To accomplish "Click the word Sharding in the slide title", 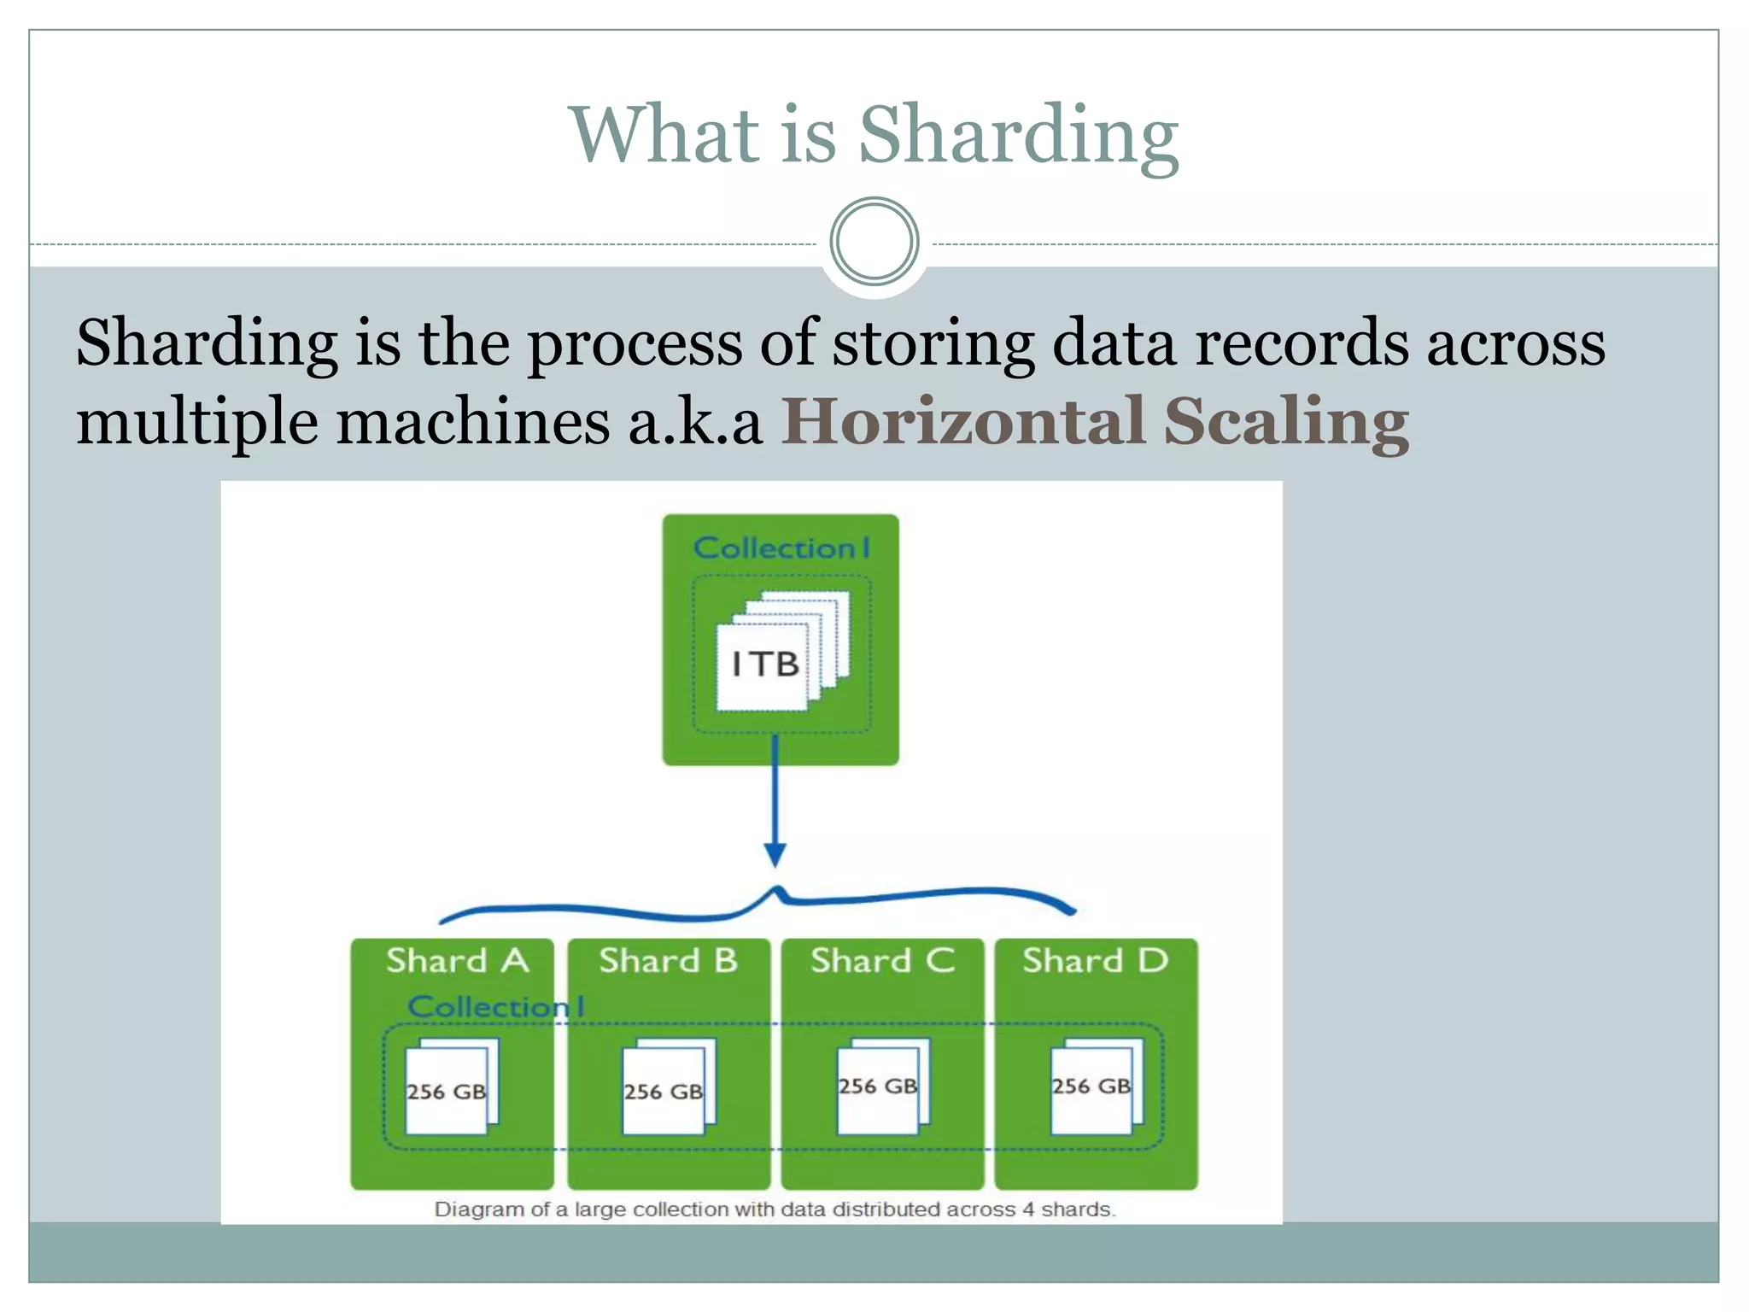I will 1018,137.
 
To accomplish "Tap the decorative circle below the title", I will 874,242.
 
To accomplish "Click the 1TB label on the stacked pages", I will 764,665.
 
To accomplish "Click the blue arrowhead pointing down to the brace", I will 775,853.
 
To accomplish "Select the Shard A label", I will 458,961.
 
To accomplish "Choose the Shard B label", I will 668,961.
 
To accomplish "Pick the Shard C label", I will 882,961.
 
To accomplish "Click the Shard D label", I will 1095,961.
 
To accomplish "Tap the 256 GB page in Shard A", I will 447,1091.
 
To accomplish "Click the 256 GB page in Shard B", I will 664,1091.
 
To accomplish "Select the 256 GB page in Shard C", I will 878,1086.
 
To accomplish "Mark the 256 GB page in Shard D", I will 1091,1086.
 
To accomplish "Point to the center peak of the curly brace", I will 776,891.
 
